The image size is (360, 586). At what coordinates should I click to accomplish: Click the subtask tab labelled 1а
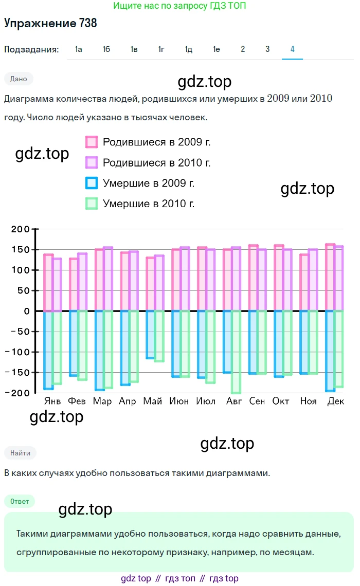(x=79, y=49)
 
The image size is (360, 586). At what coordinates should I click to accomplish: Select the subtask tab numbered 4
(x=292, y=49)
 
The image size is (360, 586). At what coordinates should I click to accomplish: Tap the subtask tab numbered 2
(x=243, y=49)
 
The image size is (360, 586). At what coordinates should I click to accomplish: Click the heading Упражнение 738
(x=50, y=23)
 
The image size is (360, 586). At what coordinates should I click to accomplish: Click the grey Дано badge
(x=19, y=79)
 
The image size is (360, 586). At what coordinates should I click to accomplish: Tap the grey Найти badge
(x=20, y=453)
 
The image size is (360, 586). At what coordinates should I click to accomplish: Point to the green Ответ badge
(x=20, y=501)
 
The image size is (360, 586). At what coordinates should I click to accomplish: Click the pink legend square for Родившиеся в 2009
(x=92, y=142)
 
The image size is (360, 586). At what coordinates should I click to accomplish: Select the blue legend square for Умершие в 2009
(x=92, y=183)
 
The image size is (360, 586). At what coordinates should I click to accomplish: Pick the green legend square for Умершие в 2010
(x=92, y=204)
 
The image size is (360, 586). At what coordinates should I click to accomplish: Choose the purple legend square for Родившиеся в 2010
(x=92, y=163)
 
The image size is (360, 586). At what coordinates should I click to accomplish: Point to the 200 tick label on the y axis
(x=21, y=229)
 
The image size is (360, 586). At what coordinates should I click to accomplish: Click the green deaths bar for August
(x=237, y=352)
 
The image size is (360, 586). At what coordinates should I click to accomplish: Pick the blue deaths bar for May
(x=150, y=335)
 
